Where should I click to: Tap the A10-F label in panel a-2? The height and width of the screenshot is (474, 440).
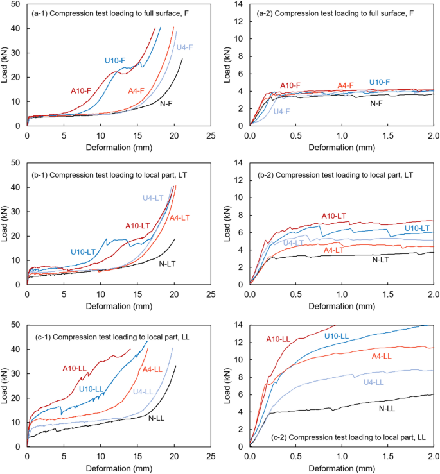coord(292,85)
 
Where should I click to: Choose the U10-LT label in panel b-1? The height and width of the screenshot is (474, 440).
coord(84,251)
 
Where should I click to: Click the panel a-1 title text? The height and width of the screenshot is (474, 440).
coord(103,10)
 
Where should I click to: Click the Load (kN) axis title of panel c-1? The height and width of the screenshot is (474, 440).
coord(6,385)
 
